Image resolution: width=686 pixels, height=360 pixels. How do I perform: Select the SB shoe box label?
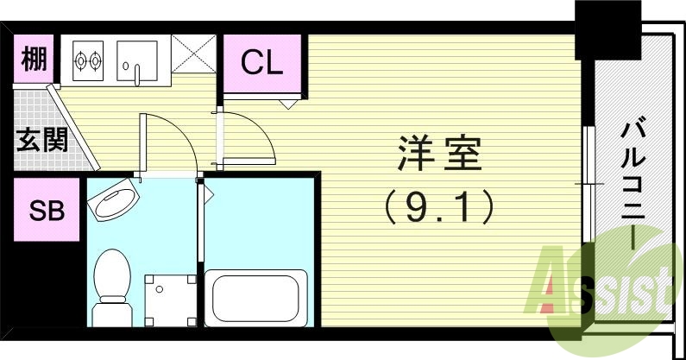pos(47,210)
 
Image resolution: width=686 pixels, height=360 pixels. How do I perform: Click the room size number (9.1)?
pos(438,205)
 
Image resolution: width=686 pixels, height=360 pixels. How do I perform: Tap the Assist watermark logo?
pos(604,281)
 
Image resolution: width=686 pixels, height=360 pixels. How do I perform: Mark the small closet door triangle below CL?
pos(288,103)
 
